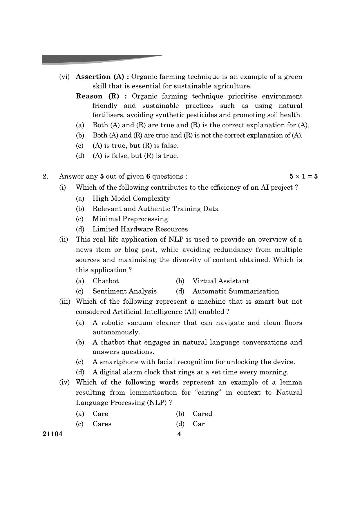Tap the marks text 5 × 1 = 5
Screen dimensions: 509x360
point(303,176)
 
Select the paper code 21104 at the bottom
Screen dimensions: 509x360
point(53,434)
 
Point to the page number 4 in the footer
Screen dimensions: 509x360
point(179,434)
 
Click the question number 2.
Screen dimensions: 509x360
point(45,176)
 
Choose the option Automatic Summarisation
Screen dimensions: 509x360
point(236,291)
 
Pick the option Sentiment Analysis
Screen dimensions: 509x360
point(124,291)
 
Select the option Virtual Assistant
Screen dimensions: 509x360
point(220,281)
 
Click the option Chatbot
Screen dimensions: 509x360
point(106,281)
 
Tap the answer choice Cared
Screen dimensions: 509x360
point(202,414)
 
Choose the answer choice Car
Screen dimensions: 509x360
point(199,424)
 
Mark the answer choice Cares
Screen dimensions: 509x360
point(102,424)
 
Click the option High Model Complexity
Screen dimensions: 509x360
point(131,198)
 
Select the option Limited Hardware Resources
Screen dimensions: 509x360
point(140,229)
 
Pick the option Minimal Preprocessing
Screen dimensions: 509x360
point(130,219)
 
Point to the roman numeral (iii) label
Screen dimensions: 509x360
point(65,302)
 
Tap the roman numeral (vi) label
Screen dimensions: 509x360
point(64,77)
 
